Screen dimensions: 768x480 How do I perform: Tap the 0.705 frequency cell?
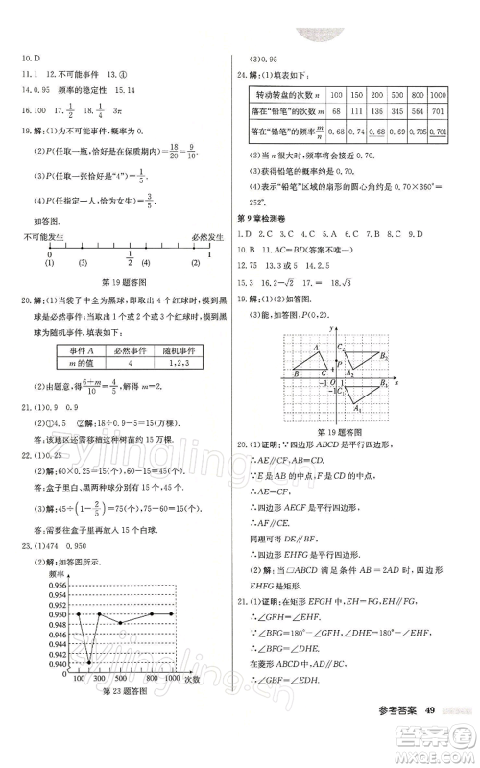417,132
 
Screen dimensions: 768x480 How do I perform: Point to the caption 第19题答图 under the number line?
122,281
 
